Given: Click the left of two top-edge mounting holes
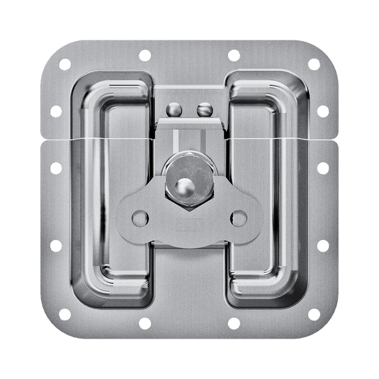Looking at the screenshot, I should click(x=144, y=54).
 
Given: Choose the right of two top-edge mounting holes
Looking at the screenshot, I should click(x=233, y=54).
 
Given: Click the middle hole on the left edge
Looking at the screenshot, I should click(x=55, y=169).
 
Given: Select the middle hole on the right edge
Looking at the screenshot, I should click(x=323, y=169).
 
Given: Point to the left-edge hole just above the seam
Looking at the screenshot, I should click(x=55, y=111).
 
